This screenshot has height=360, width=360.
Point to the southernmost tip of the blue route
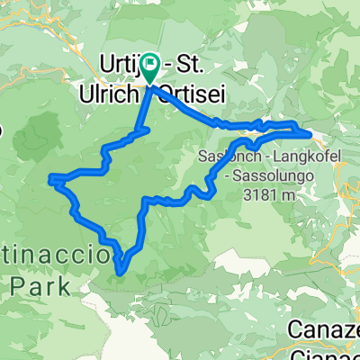tap(120, 265)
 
